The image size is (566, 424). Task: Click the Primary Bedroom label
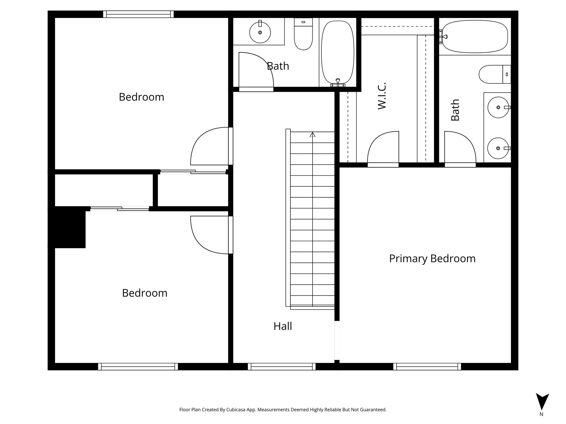click(432, 259)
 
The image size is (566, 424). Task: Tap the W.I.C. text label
click(382, 96)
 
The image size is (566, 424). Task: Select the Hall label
click(282, 326)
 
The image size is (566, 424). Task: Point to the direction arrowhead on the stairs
click(313, 135)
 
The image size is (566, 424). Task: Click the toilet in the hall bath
click(303, 35)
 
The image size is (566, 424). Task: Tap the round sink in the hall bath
click(260, 33)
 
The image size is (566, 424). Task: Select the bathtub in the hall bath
click(338, 52)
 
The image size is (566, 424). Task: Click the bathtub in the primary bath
click(475, 37)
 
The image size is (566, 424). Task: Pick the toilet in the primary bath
click(493, 74)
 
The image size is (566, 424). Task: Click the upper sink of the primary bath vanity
click(498, 107)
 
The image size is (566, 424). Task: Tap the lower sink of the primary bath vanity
click(498, 148)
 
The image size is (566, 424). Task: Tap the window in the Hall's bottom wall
click(282, 367)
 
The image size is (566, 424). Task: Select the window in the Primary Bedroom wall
click(427, 367)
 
